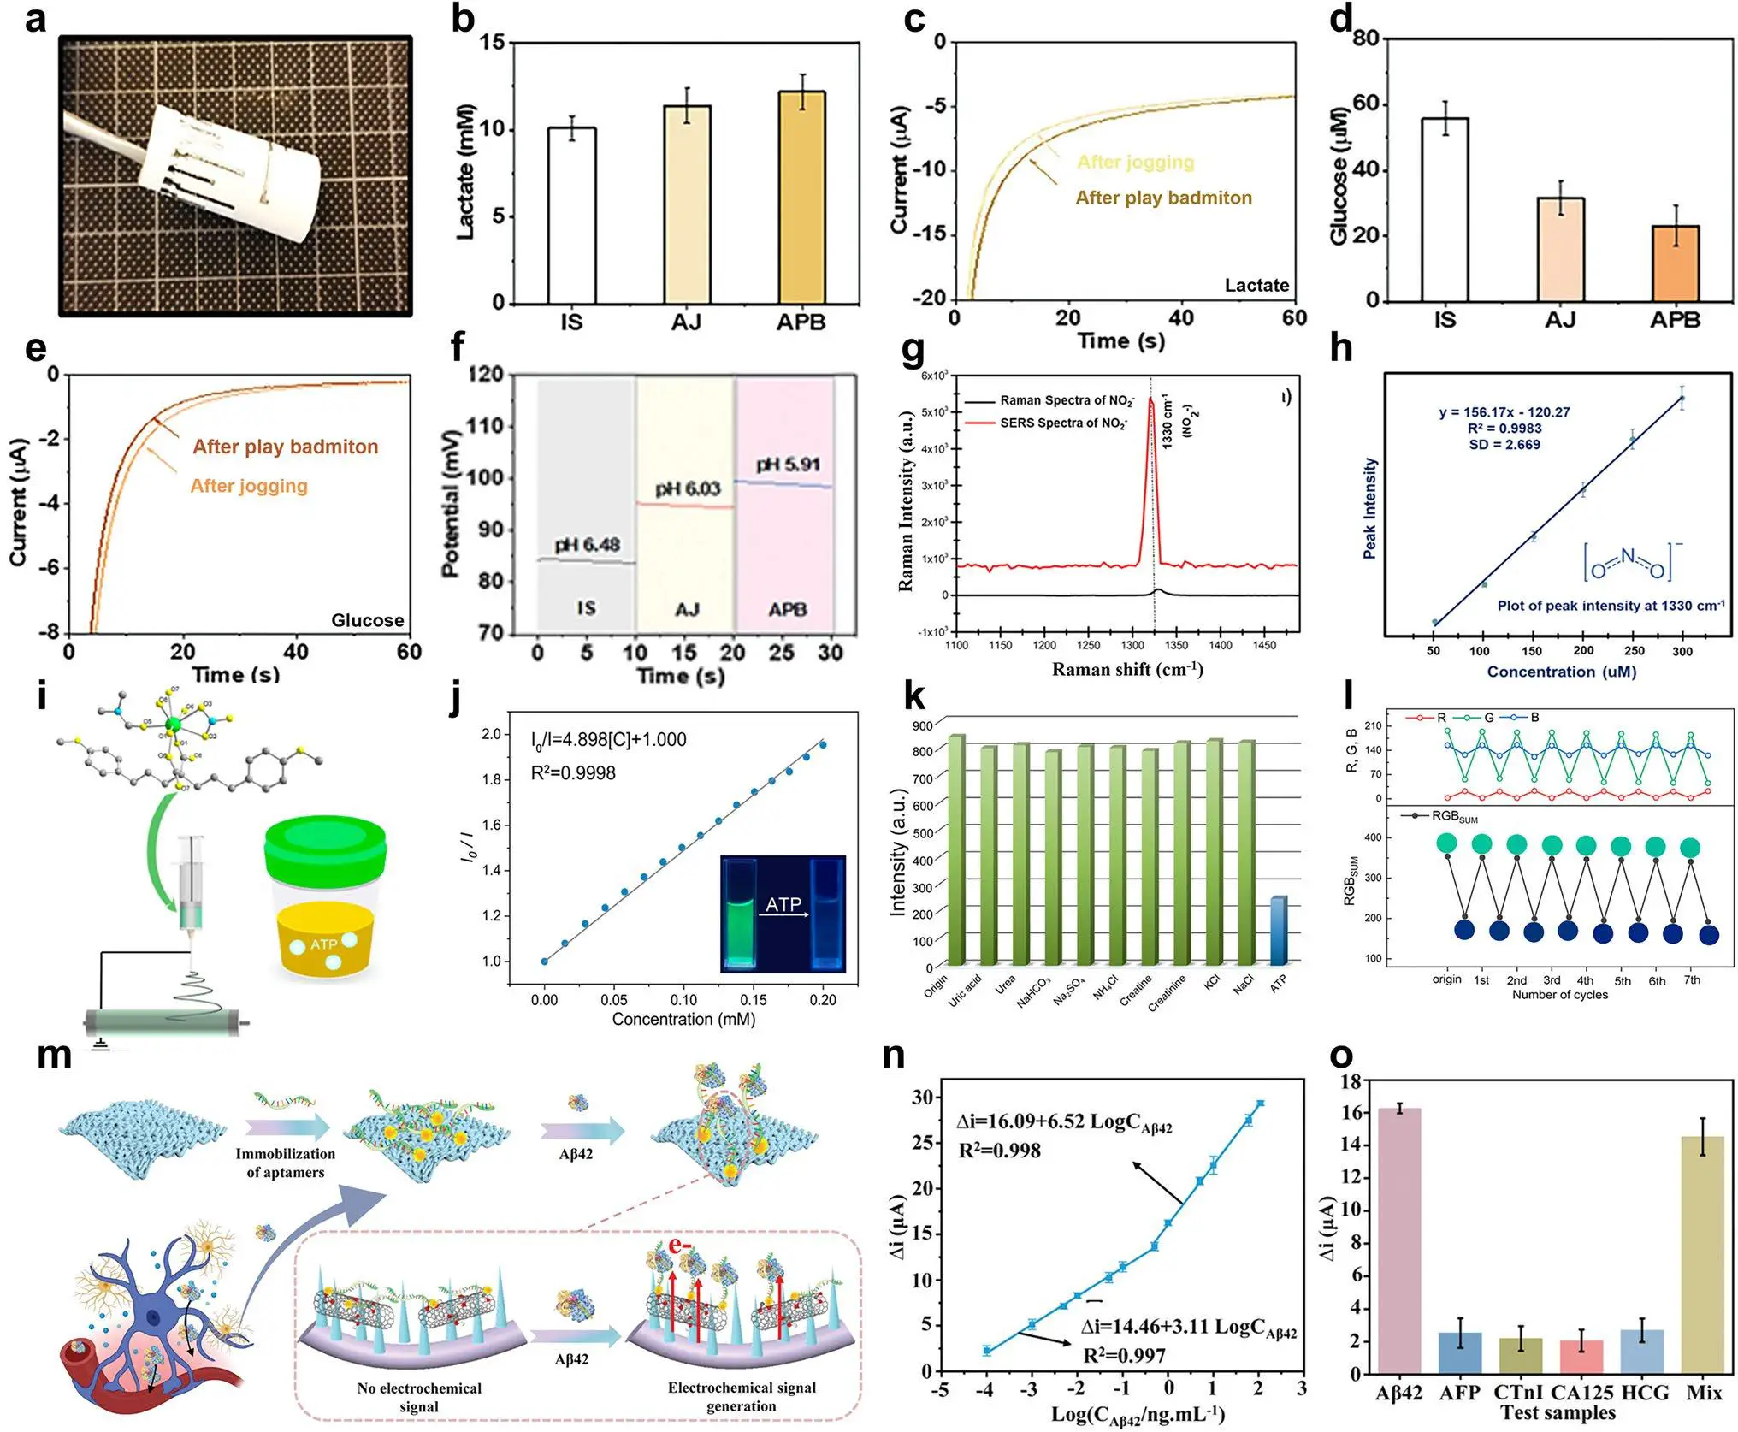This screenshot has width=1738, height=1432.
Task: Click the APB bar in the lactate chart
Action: coord(801,198)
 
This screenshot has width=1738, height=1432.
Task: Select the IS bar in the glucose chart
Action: coord(1445,210)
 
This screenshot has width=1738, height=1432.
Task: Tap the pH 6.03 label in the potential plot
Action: coord(688,489)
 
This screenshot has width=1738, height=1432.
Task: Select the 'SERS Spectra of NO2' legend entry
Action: coord(1063,423)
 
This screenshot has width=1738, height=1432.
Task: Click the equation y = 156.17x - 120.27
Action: coord(1504,412)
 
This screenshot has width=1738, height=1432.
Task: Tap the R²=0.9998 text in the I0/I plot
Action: coord(573,773)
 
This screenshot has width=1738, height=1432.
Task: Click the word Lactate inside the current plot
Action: coord(1256,286)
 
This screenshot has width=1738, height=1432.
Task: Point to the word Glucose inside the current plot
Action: coord(368,620)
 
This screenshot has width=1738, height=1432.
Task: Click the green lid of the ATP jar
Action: coord(325,847)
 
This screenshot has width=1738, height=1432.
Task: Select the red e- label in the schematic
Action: coord(681,1246)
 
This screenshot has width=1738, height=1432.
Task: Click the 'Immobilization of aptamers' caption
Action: coord(286,1163)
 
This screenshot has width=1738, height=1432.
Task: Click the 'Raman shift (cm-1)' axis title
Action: coord(1127,670)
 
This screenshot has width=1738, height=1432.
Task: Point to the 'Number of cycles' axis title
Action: coord(1559,995)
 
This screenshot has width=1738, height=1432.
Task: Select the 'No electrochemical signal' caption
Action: coord(419,1397)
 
